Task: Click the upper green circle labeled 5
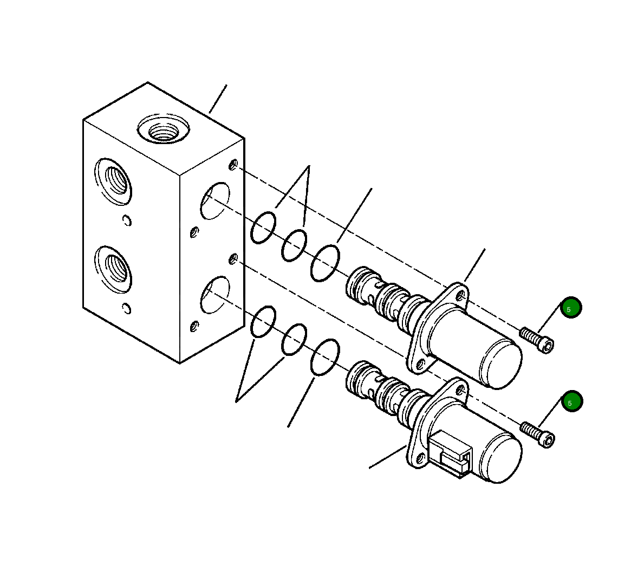571,307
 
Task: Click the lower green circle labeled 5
572,401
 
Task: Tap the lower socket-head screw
538,434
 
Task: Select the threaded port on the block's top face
164,128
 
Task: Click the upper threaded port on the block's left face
113,181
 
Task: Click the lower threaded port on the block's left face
113,270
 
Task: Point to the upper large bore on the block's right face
215,201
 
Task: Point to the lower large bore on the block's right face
215,295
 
